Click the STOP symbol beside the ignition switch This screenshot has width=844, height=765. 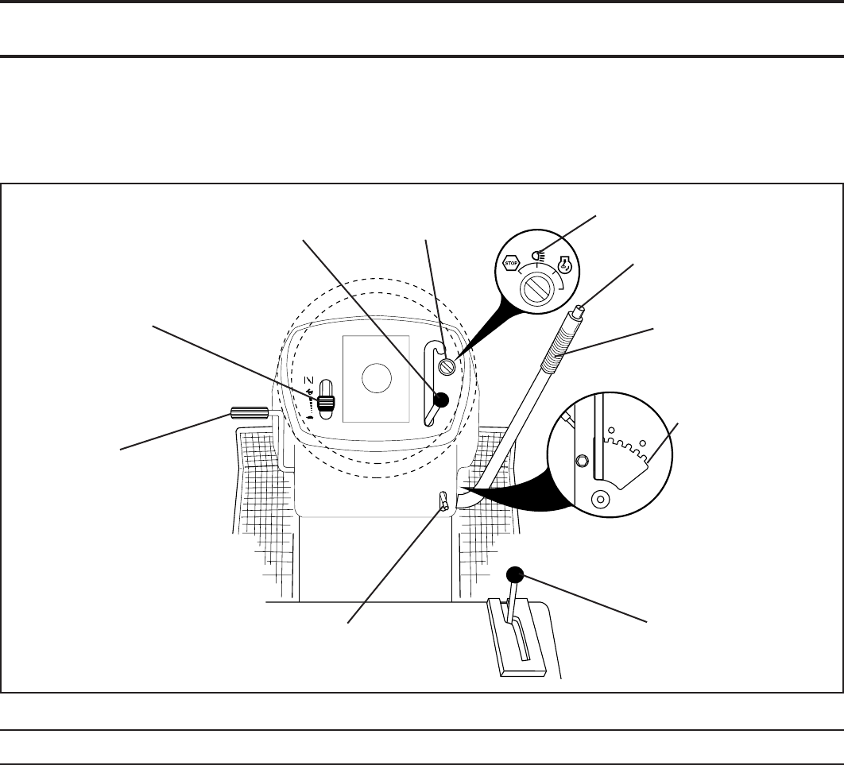510,262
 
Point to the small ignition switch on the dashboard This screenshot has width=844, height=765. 448,366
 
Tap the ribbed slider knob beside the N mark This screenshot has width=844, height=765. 325,404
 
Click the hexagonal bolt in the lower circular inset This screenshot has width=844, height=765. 582,462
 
